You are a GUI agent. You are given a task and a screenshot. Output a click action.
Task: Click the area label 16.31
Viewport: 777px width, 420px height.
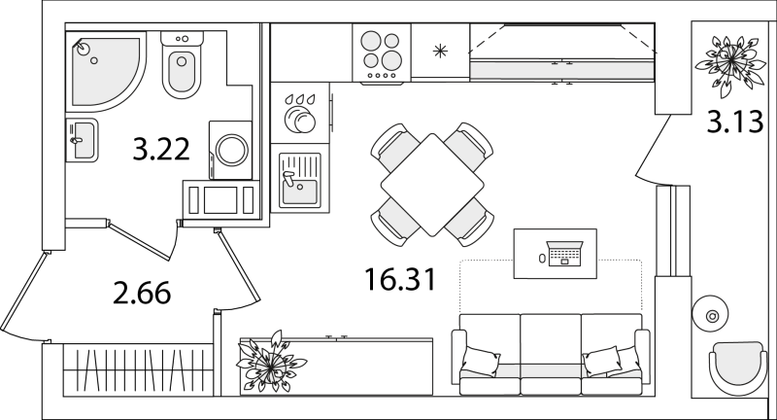pos(400,279)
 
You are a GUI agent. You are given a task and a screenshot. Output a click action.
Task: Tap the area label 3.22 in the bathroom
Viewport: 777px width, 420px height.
pos(161,149)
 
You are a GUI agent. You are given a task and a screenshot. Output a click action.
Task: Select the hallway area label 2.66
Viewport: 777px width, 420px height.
pos(142,293)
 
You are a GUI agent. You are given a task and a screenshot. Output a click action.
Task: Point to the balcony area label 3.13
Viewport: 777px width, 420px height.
pos(735,122)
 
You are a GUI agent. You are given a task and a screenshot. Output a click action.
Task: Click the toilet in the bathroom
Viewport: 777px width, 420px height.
pos(182,64)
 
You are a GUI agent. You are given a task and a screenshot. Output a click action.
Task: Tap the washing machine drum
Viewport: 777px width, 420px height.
pos(231,150)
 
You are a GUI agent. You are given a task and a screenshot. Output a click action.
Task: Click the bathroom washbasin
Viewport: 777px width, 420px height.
pos(82,140)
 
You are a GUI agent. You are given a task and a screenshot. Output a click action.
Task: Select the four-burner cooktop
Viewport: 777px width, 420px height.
pos(381,52)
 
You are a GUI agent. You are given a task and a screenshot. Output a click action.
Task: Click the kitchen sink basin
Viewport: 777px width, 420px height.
pos(299,179)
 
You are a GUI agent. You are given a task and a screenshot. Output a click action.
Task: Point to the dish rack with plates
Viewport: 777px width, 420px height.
pos(300,114)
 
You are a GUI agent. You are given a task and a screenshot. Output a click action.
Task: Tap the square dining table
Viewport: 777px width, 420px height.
pos(432,185)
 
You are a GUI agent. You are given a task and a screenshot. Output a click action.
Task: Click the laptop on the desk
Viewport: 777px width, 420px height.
pos(564,254)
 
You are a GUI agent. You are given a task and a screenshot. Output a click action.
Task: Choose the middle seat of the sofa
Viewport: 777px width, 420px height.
pos(551,354)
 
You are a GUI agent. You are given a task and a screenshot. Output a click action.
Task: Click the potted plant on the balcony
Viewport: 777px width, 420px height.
pos(730,64)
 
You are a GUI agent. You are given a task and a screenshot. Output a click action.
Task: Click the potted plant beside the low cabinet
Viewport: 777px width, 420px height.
pos(271,363)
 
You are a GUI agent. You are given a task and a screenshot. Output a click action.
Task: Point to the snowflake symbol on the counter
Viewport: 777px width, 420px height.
pos(440,52)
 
